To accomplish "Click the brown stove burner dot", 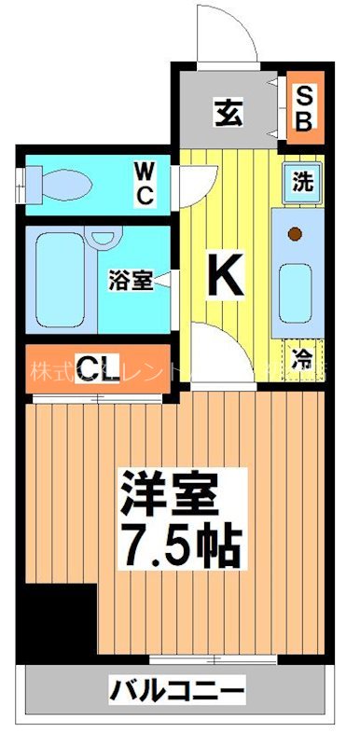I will tap(296, 233).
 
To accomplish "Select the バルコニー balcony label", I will tap(178, 693).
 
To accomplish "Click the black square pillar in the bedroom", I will tap(58, 621).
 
